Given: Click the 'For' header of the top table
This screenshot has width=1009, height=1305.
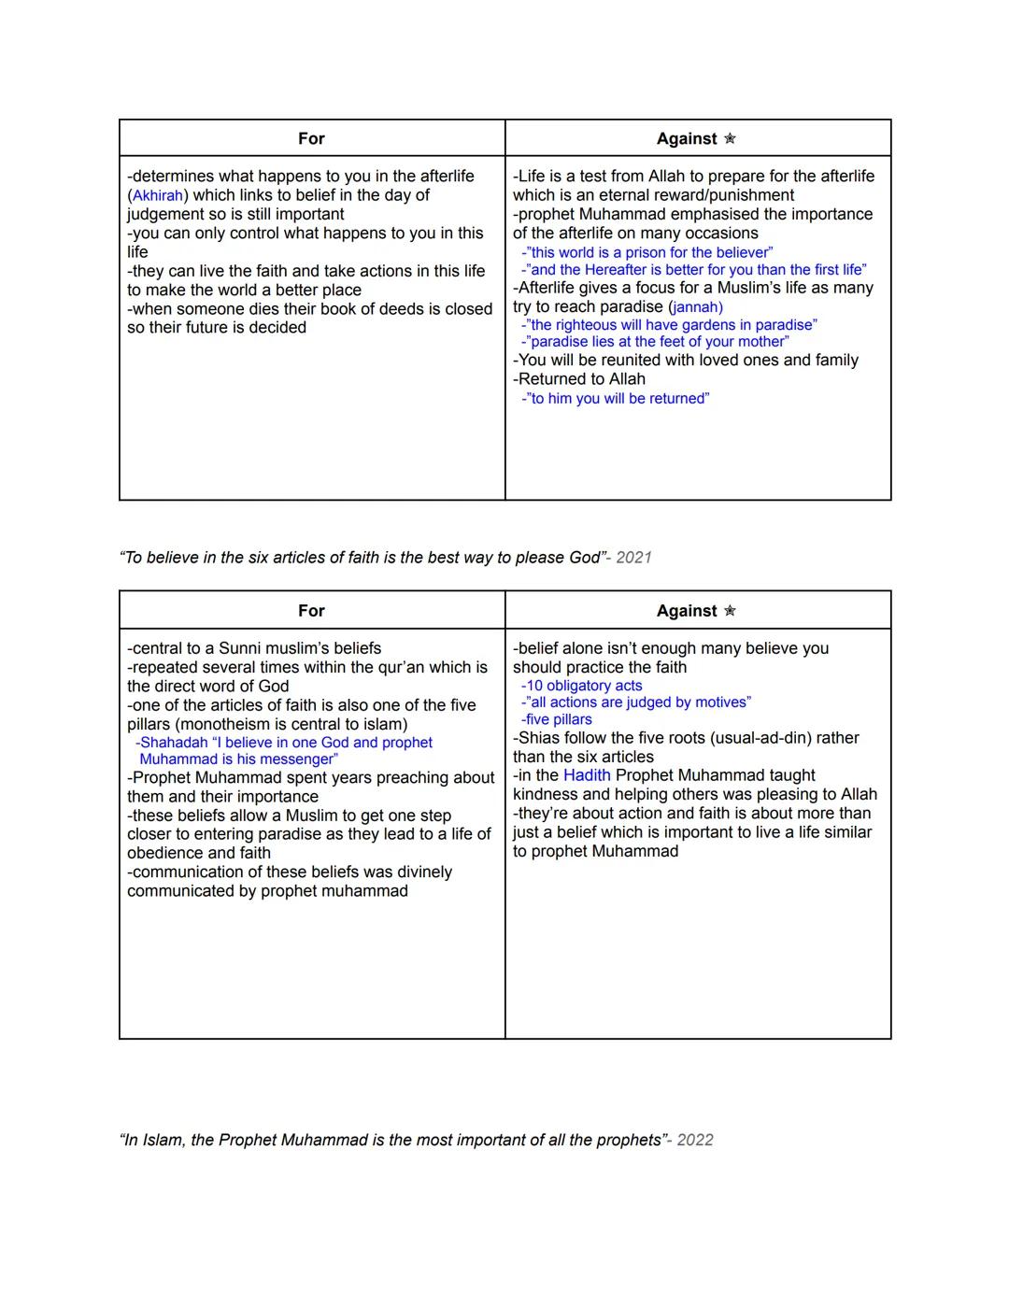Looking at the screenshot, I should tap(311, 138).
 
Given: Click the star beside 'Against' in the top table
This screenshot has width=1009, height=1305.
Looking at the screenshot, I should tap(730, 138).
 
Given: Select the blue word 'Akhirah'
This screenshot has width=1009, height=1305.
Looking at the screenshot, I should tap(158, 195).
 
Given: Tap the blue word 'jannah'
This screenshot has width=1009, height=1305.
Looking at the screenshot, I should tap(697, 307).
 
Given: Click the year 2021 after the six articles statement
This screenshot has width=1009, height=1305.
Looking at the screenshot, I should tap(633, 558).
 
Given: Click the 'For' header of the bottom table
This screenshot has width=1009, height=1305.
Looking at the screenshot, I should tap(311, 611).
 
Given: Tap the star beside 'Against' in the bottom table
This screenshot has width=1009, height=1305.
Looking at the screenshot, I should tap(730, 611).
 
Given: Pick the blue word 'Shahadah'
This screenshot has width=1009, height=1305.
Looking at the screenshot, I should tap(174, 743).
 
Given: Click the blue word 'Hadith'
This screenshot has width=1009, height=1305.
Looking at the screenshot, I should tap(587, 775).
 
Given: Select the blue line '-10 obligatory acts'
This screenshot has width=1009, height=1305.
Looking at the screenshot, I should tap(581, 686).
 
